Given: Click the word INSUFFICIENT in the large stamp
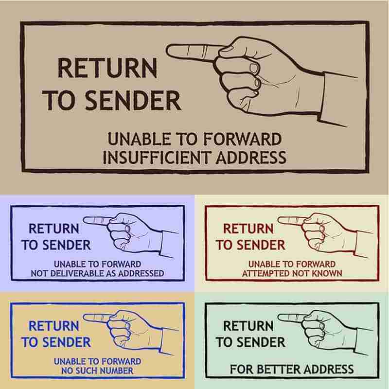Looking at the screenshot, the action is point(157,157).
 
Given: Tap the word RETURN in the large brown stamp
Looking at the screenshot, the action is point(107,68).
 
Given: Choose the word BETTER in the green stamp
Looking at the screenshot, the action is point(279,369).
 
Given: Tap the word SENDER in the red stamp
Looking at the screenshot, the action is point(261,245).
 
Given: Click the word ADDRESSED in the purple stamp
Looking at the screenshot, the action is point(141,273).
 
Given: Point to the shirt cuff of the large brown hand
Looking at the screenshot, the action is point(338,99).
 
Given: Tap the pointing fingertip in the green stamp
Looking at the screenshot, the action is point(279,317).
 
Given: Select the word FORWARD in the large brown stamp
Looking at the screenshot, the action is point(242,139).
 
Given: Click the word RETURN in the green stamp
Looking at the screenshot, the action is point(248,326).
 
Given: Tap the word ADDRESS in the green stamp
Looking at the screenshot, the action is point(329,369).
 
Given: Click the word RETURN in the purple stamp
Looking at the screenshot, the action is point(54,229).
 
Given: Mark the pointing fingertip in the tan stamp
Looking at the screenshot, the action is point(85,317).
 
